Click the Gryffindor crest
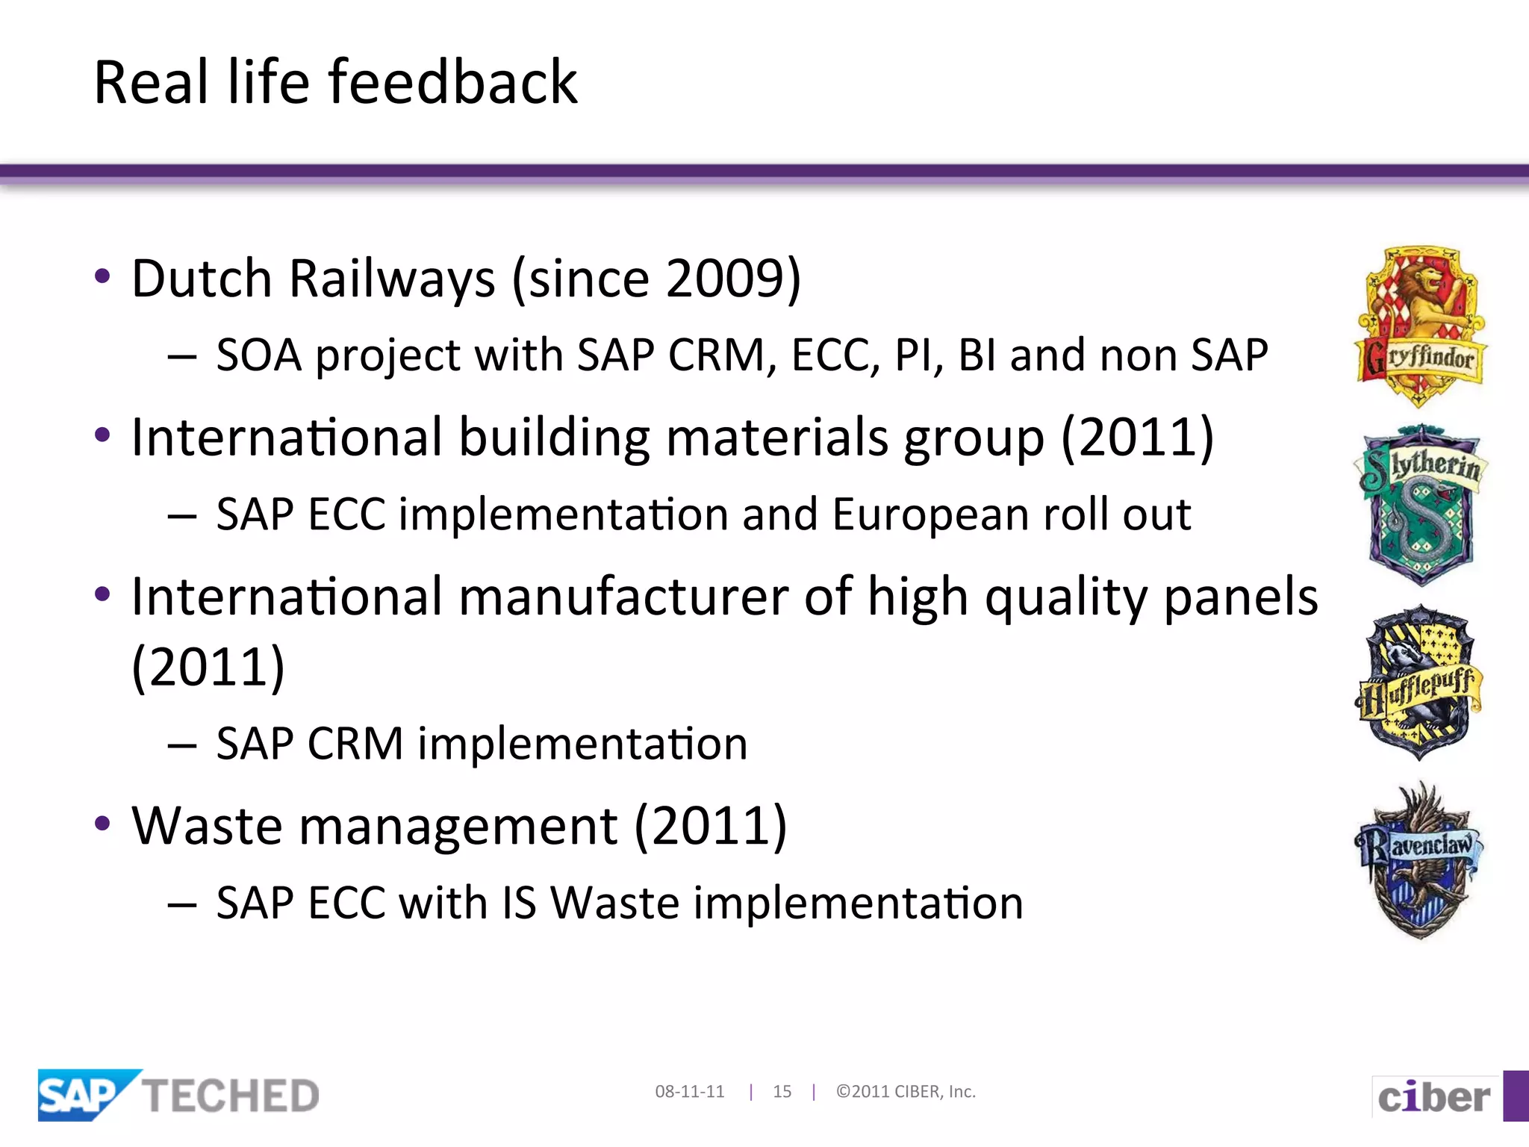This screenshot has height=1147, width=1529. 1420,326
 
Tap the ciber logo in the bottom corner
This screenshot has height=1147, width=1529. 1433,1097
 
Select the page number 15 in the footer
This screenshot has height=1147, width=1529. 782,1092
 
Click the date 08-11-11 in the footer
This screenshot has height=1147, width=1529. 689,1092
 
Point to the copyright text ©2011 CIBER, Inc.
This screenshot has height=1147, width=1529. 906,1092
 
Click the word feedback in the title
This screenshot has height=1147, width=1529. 452,82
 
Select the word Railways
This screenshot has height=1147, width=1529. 392,279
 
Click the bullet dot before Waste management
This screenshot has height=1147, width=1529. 103,824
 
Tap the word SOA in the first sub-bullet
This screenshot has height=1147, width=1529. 258,355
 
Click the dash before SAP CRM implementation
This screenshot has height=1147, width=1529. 182,745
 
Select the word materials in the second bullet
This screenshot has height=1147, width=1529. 776,438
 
